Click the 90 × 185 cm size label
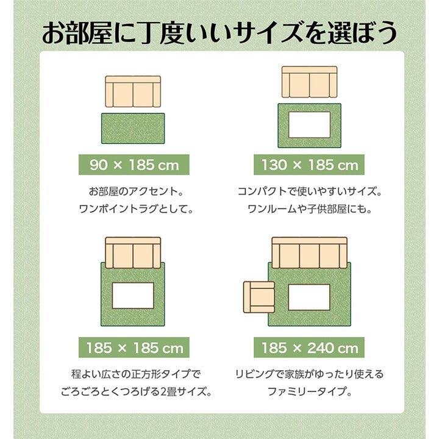[133, 165]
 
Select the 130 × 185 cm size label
[309, 165]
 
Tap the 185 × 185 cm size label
[133, 348]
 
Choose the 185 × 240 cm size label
[309, 348]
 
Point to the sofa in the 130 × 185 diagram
[309, 82]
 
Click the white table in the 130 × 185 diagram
[309, 125]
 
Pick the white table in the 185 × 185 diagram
[133, 295]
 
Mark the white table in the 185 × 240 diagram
[309, 297]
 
